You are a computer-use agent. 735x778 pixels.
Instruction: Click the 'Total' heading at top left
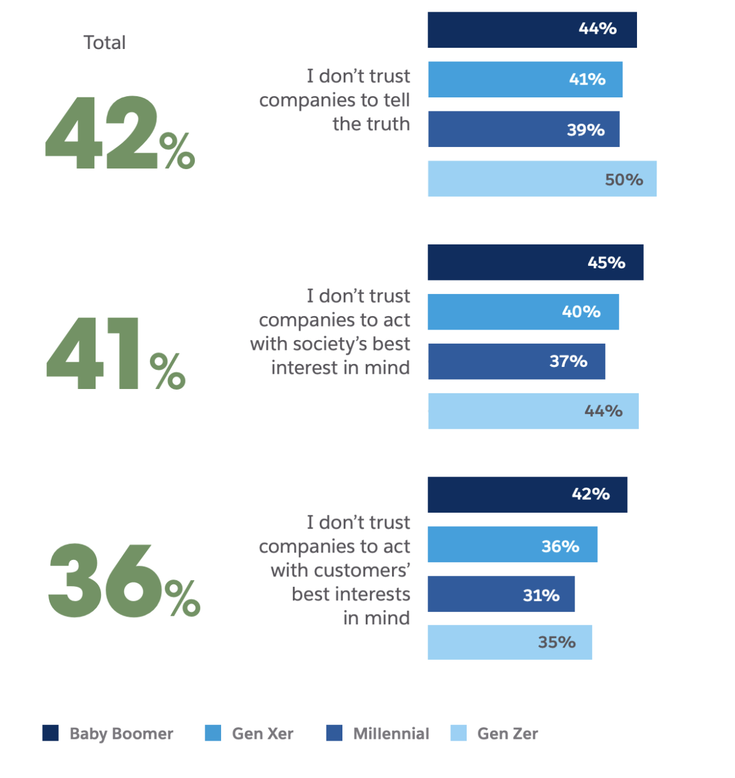tap(104, 43)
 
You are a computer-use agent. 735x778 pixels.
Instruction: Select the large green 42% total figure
tap(119, 133)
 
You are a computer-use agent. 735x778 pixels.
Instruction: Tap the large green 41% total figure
tap(116, 353)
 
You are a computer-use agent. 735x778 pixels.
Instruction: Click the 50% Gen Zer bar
tap(542, 179)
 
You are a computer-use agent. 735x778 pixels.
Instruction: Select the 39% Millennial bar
tap(524, 129)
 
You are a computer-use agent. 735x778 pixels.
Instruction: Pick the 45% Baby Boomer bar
tap(535, 262)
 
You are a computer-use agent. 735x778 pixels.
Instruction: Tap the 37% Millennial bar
tap(516, 361)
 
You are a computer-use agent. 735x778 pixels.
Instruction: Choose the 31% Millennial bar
tap(501, 594)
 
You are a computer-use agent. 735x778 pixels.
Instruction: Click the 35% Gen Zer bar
tap(510, 642)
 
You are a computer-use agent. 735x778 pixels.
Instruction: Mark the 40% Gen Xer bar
tap(523, 312)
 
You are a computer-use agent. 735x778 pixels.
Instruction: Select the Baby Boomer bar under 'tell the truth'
tap(532, 29)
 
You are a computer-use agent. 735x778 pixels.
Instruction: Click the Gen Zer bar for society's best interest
tap(533, 411)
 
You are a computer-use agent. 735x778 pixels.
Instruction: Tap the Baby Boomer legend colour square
tap(51, 733)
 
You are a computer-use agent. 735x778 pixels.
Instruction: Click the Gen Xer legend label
tap(263, 734)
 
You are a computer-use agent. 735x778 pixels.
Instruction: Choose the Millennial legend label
tap(391, 734)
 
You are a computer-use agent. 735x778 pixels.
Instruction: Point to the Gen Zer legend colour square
tap(458, 733)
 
